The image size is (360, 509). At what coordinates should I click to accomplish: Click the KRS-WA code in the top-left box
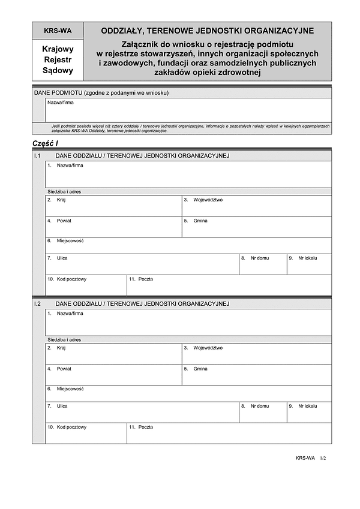coord(58,31)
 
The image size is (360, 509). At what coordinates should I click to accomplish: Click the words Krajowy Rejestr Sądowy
coord(58,60)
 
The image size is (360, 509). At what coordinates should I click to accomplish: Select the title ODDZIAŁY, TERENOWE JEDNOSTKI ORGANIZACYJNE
coord(207,31)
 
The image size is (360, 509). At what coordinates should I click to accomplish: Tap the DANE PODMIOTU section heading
coord(101,93)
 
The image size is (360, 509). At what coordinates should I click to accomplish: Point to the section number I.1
coord(38,156)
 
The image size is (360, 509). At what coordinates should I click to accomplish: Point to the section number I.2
coord(38,304)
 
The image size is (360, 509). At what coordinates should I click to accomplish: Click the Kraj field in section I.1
coord(113,206)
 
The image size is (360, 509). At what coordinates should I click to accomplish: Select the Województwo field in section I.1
coord(256,206)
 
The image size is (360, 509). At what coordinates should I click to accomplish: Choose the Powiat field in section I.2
coord(113,375)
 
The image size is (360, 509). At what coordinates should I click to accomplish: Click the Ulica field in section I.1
coord(142,265)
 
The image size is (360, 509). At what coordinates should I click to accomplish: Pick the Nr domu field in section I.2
coord(263,413)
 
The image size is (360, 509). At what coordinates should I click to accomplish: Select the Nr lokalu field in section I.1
coord(308,265)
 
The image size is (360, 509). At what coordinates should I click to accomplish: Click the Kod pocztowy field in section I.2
coord(86,434)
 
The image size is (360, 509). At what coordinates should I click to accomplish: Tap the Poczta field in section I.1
coord(229,285)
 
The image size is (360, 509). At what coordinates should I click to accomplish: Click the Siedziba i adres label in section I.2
coord(65,339)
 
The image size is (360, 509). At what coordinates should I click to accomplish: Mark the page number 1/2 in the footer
coord(325,458)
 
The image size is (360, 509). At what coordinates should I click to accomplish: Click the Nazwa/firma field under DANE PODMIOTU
coord(188,110)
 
